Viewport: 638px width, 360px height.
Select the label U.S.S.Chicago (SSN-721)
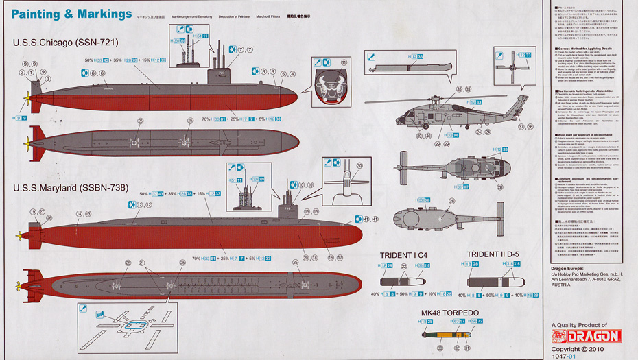pos(66,43)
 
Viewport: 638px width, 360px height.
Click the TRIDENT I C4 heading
pos(407,255)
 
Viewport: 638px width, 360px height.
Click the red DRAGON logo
pos(587,335)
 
